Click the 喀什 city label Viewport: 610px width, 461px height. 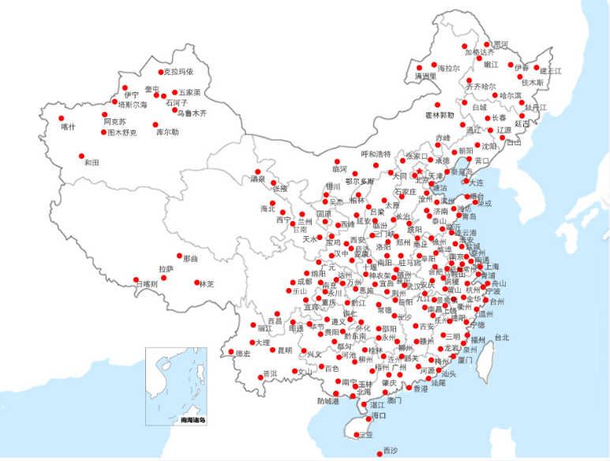(69, 127)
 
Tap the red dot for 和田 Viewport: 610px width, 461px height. (80, 155)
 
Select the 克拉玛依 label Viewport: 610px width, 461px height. (178, 72)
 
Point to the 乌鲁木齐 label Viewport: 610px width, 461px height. (191, 113)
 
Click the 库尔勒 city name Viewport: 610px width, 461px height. (167, 132)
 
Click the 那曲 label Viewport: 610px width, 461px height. (190, 258)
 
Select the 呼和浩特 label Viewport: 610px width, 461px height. (376, 154)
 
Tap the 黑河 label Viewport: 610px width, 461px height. (500, 44)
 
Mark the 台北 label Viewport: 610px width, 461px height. (502, 338)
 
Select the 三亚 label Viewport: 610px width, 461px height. (365, 435)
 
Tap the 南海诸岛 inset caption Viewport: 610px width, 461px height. (193, 419)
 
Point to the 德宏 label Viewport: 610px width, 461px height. (242, 354)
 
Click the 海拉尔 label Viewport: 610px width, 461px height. (448, 69)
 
